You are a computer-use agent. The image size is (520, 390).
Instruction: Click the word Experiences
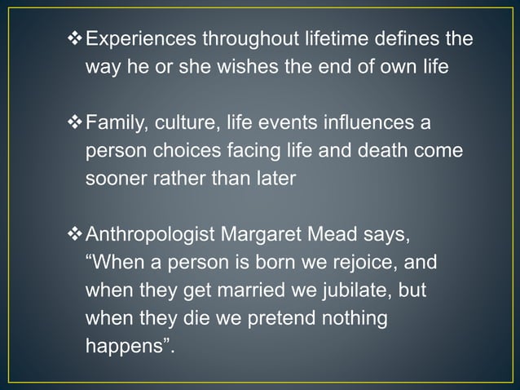click(x=141, y=39)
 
